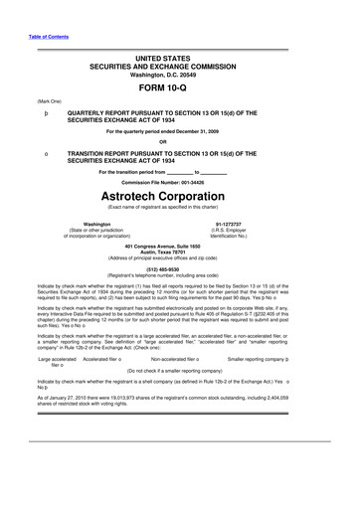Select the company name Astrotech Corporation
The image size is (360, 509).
(180, 197)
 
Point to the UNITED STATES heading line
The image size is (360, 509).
(180, 60)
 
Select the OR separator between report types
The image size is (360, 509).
(180, 140)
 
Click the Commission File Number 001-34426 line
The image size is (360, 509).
(180, 183)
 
